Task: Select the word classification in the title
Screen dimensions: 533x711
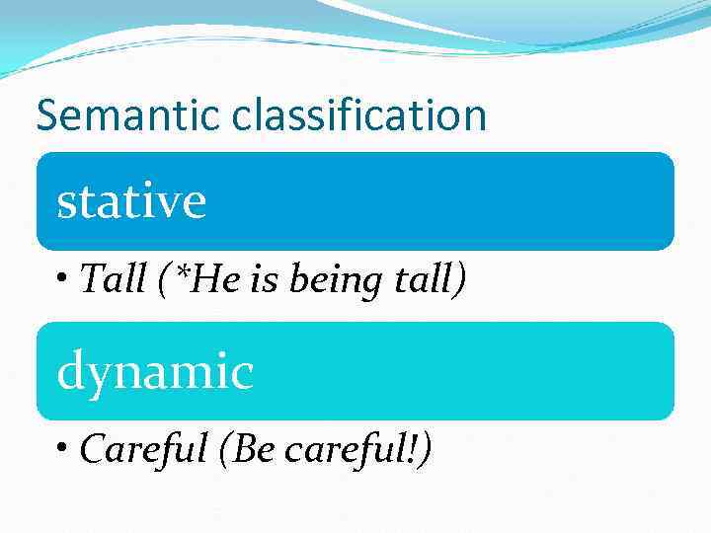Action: pos(360,114)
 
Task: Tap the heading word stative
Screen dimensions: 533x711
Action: pos(131,200)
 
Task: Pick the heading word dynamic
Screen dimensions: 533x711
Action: pos(155,372)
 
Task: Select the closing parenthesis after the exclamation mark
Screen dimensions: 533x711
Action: pos(426,451)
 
